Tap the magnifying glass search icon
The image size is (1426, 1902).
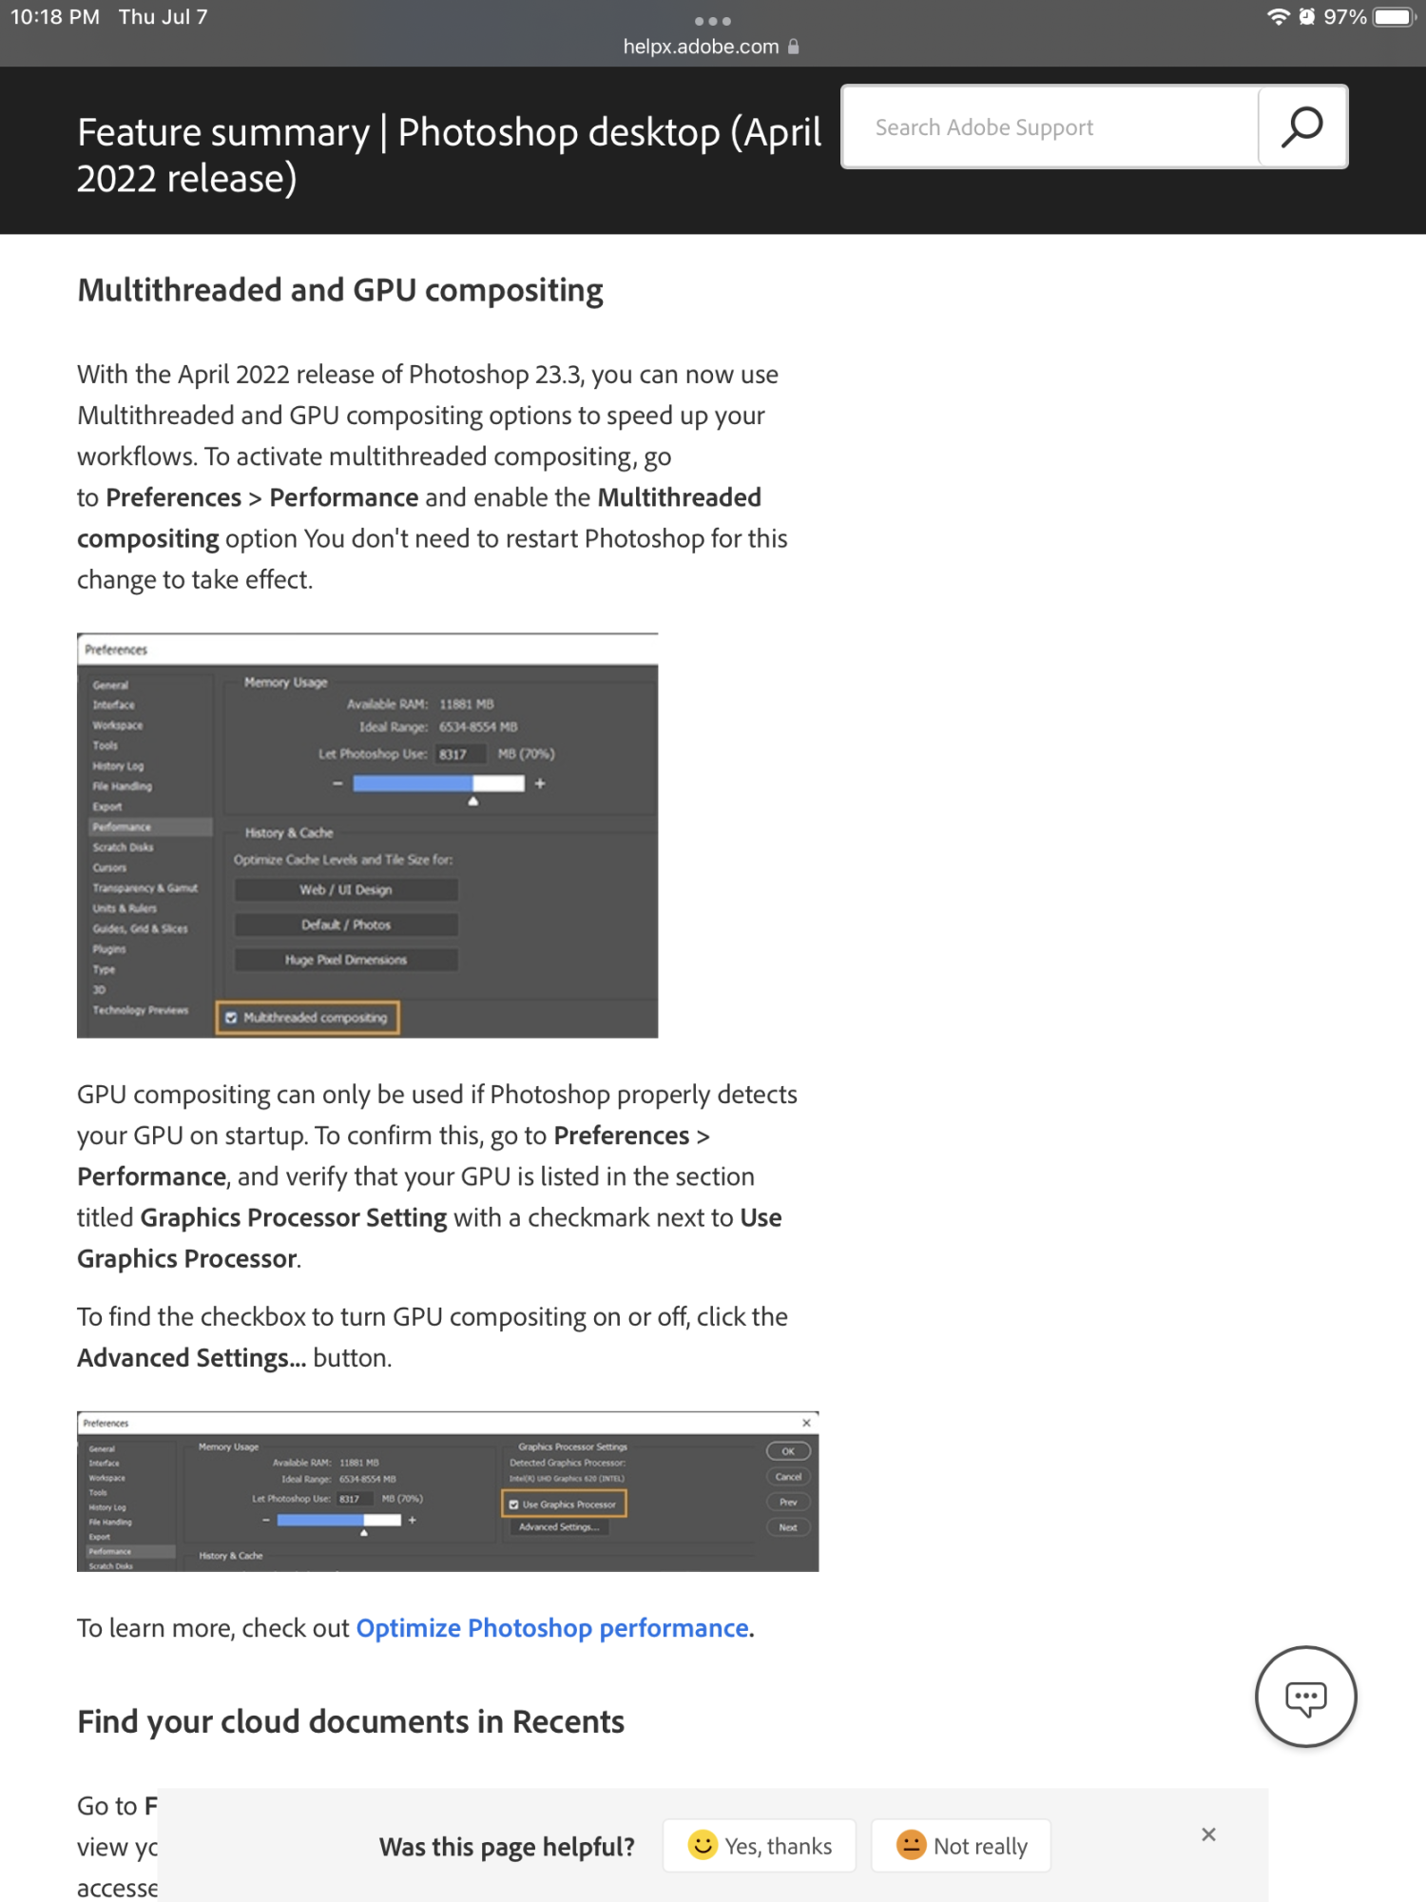pos(1301,126)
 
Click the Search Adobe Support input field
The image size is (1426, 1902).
pos(1050,127)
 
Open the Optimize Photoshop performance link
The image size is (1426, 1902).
pos(552,1628)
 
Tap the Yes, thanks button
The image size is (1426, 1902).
pos(760,1846)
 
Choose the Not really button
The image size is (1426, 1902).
pos(961,1846)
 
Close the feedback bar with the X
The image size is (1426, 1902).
pos(1208,1834)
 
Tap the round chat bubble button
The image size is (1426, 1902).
pos(1305,1698)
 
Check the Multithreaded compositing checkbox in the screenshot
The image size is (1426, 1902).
pos(231,1018)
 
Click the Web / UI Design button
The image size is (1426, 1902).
pos(346,890)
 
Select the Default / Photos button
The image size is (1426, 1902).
pos(346,925)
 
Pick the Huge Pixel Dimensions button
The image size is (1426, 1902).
pos(346,961)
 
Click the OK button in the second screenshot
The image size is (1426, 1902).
pos(788,1451)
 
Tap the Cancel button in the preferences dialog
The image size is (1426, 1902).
pos(788,1477)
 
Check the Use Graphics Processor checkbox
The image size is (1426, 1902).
pos(514,1504)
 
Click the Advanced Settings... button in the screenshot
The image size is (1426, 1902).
pos(559,1527)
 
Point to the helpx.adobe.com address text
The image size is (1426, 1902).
pos(701,47)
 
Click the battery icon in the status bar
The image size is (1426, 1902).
pos(1394,17)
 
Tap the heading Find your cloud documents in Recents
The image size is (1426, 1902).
pos(351,1722)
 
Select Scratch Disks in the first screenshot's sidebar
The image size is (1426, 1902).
pos(123,847)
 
